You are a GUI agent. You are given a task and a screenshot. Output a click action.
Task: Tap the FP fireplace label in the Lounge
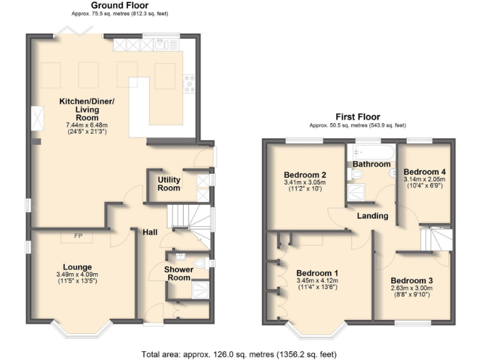click(79, 236)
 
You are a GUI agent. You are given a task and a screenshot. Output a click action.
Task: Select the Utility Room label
click(169, 184)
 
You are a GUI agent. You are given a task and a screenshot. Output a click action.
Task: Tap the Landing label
click(372, 216)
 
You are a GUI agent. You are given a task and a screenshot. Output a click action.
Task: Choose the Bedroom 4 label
click(425, 171)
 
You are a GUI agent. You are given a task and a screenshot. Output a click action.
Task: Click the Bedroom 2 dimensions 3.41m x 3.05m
click(305, 183)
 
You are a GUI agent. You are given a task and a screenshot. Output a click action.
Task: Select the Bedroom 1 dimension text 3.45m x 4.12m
click(317, 281)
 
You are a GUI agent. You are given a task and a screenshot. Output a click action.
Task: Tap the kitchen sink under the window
click(162, 44)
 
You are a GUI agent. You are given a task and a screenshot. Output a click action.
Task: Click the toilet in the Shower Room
click(201, 264)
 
